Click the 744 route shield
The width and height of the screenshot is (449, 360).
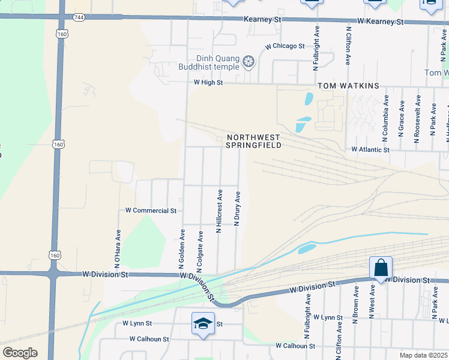[x=79, y=17]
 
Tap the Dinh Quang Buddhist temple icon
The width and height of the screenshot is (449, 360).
[x=248, y=61]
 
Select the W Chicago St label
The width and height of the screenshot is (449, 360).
[x=285, y=46]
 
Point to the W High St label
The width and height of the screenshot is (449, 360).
[x=208, y=83]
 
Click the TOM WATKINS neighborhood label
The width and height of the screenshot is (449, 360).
[x=348, y=86]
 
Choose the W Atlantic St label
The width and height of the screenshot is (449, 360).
[x=370, y=149]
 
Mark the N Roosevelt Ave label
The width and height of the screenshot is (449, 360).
[x=418, y=119]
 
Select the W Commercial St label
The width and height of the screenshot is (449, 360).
[x=151, y=211]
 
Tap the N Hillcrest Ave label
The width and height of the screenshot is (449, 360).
[x=220, y=210]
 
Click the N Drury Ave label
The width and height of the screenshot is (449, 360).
[x=237, y=209]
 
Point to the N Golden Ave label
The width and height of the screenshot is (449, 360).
[x=181, y=248]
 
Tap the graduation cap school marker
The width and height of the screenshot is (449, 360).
[x=203, y=324]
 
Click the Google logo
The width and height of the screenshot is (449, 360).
[x=19, y=353]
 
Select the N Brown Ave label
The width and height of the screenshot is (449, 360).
[x=355, y=304]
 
